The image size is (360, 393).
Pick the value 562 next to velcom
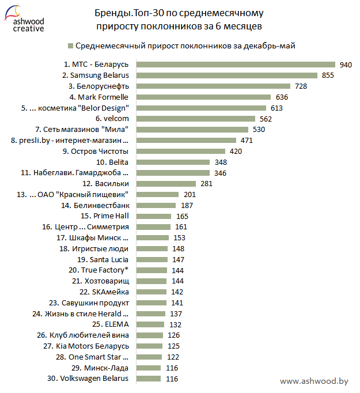pos(266,119)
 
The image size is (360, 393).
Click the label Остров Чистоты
pos(95,151)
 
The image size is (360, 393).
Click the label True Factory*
pos(98,270)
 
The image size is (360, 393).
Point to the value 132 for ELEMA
pos(175,324)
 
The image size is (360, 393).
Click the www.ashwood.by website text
pos(314,381)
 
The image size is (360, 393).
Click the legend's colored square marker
pos(70,46)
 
